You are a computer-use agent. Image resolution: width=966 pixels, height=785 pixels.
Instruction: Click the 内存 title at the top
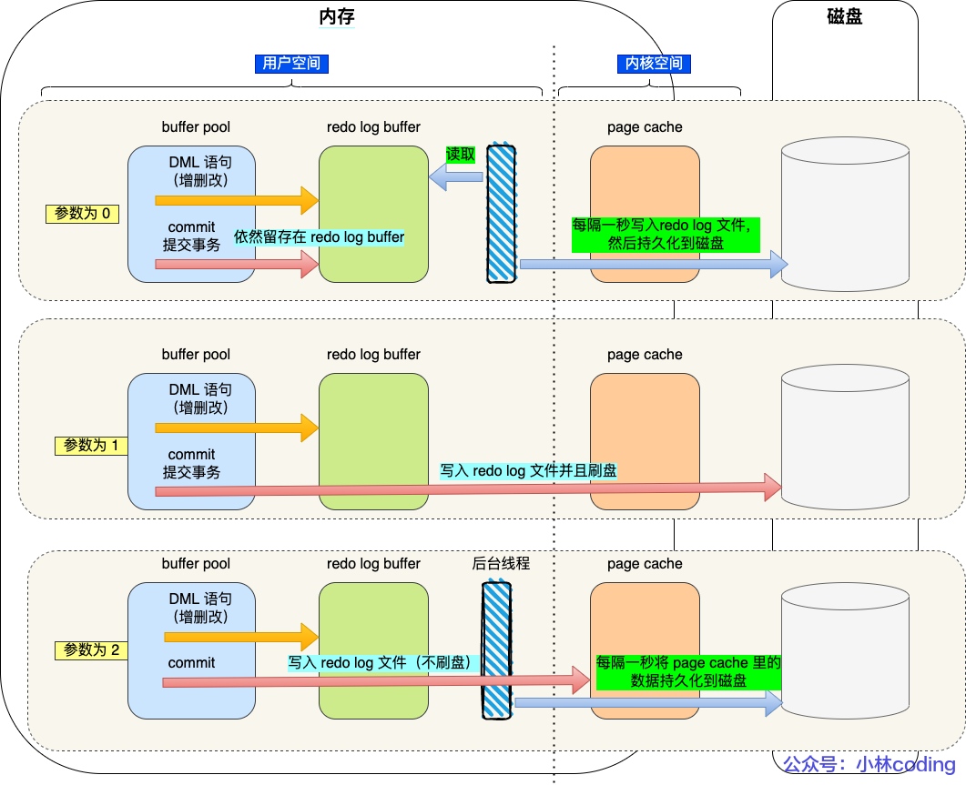335,16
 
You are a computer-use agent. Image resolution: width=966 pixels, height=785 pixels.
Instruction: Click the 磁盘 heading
846,16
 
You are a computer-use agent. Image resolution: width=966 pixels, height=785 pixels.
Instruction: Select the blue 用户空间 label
290,64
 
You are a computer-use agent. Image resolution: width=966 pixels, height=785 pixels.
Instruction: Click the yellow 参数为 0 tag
83,214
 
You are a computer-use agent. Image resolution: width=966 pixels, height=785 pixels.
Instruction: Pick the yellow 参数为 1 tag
90,446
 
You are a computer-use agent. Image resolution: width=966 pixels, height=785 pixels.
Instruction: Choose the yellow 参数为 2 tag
91,650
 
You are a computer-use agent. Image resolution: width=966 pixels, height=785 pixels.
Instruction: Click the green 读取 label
461,155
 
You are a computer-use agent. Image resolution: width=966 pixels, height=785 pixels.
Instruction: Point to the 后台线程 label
501,564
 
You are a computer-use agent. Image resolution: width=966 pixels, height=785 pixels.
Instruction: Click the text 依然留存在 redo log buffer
319,237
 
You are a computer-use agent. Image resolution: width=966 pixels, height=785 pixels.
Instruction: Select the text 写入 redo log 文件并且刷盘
528,471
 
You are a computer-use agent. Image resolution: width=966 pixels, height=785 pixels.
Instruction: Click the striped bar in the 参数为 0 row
500,213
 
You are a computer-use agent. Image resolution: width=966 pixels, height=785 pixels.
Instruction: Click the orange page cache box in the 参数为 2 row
645,650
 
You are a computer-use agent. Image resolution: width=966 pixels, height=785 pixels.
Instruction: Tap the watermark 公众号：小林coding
869,765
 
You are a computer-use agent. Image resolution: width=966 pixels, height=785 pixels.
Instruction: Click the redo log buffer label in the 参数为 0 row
373,127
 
